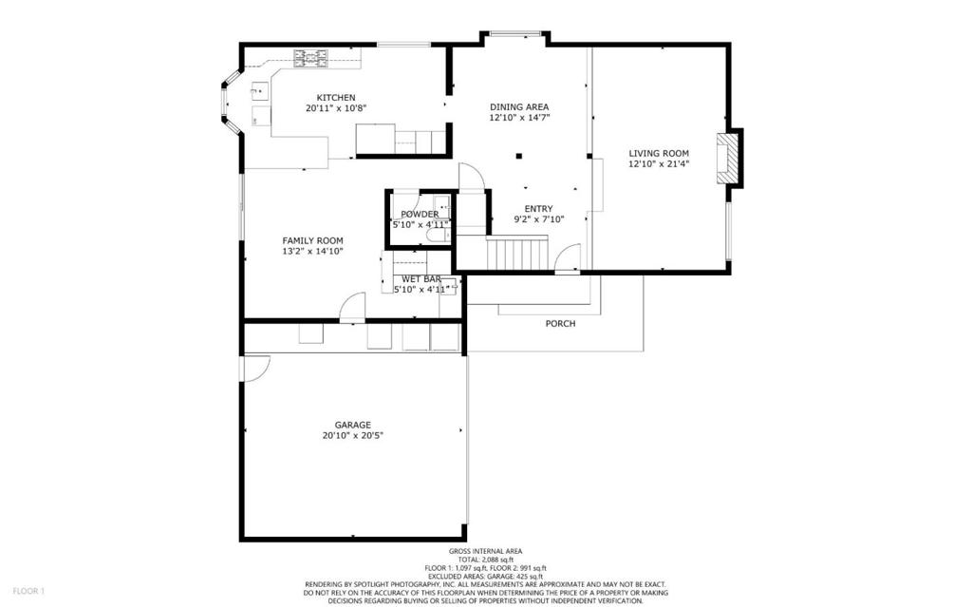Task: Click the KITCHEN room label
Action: click(x=336, y=98)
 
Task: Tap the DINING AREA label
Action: click(x=519, y=106)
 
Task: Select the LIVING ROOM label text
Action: click(x=659, y=153)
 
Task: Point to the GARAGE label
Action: click(x=353, y=426)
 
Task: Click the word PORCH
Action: click(x=560, y=323)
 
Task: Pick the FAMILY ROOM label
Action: click(x=312, y=241)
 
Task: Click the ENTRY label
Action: click(x=539, y=209)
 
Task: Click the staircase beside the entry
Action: click(x=517, y=253)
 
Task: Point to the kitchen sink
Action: click(x=259, y=92)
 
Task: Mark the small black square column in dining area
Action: click(x=519, y=156)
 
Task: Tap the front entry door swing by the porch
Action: click(x=569, y=256)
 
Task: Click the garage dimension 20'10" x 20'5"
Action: click(x=353, y=436)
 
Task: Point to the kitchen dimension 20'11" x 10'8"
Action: click(x=336, y=108)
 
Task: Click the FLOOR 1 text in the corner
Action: click(x=28, y=591)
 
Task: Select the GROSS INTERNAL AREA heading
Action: click(x=485, y=551)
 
